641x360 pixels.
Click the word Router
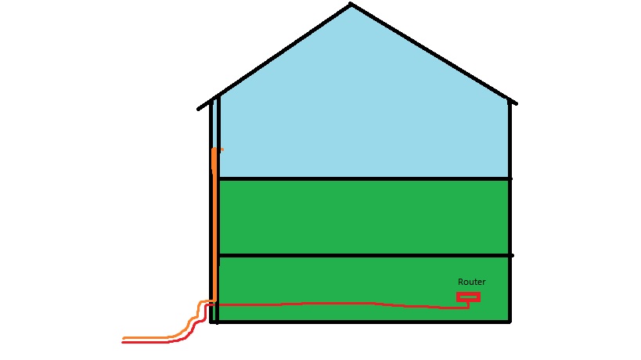click(471, 282)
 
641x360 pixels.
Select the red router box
click(468, 297)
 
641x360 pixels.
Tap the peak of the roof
click(351, 4)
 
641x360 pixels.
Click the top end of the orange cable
click(214, 149)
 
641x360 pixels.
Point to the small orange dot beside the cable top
click(222, 149)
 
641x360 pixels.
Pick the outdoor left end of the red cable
click(123, 343)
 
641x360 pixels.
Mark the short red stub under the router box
click(469, 305)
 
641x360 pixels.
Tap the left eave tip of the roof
click(198, 109)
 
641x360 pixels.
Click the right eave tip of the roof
click(517, 104)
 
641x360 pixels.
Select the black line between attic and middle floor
click(364, 178)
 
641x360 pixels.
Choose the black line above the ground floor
click(365, 255)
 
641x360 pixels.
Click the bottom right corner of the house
click(510, 322)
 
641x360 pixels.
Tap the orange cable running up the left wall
click(214, 225)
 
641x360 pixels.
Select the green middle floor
click(364, 217)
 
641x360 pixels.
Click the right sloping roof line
click(434, 54)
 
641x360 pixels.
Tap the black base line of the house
click(360, 322)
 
